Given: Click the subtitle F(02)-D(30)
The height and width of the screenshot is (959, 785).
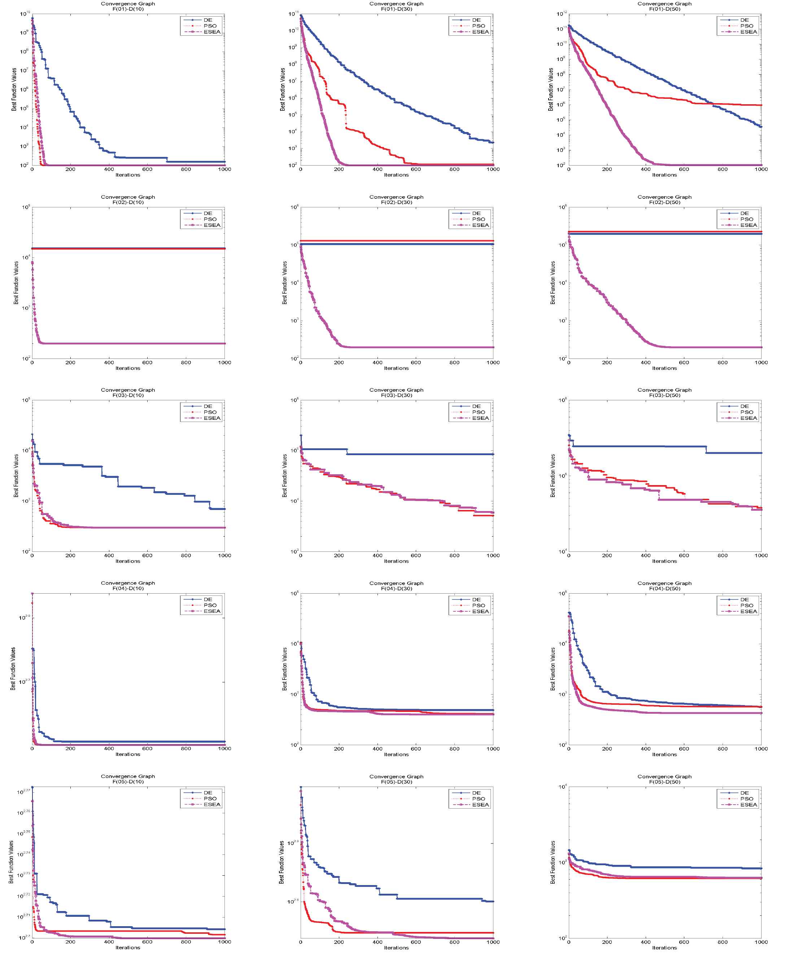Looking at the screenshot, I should (396, 202).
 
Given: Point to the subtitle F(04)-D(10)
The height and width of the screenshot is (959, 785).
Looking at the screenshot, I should (128, 588).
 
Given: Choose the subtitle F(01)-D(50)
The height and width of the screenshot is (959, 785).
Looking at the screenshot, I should (664, 9).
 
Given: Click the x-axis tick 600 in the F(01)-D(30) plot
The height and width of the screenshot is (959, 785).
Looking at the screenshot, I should (415, 169).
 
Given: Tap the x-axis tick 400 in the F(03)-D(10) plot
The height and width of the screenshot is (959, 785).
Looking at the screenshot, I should (109, 555).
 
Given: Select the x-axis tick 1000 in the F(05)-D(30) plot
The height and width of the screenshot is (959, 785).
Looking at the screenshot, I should (493, 942).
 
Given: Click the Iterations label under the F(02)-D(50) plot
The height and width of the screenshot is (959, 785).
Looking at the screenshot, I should (664, 368).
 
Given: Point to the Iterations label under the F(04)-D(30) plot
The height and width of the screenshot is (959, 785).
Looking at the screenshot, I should (396, 754).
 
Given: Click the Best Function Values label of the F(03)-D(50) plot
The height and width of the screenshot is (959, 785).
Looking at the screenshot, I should (553, 476).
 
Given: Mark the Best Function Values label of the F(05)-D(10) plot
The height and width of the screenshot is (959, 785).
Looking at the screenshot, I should (11, 862).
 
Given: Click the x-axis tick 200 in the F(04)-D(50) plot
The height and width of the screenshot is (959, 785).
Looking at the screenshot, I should (607, 748).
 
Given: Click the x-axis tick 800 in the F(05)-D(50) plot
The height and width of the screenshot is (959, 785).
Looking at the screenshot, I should (723, 942).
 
